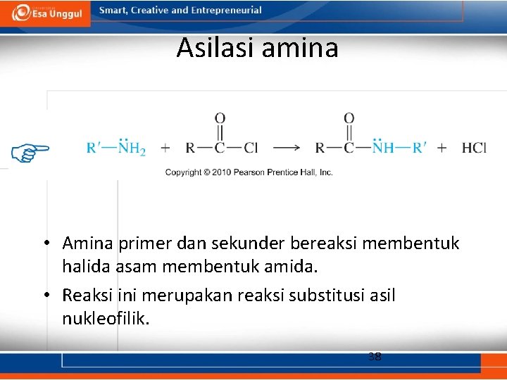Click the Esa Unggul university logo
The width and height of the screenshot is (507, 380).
[x=45, y=13]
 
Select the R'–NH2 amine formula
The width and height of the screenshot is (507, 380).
[x=115, y=147]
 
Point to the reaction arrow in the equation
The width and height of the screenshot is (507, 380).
[x=287, y=148]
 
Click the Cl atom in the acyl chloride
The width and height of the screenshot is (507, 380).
[x=251, y=148]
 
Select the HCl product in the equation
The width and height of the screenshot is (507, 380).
[x=474, y=148]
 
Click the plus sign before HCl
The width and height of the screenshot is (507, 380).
[x=442, y=148]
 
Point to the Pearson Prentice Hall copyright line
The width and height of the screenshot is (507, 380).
[x=249, y=172]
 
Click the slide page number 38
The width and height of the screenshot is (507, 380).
[x=375, y=357]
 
